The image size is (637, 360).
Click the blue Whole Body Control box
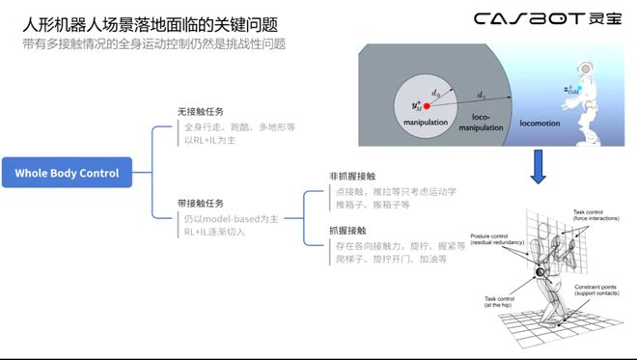point(68,174)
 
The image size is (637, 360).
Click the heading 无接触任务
point(203,112)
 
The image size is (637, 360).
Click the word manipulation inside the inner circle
point(428,125)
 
